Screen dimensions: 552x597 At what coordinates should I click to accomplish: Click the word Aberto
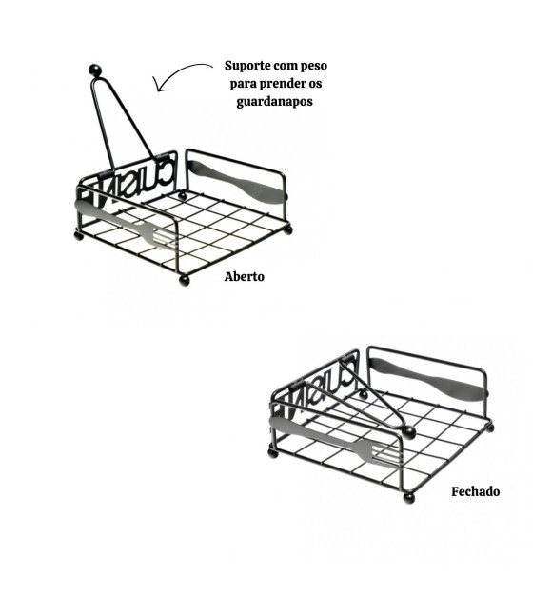244,276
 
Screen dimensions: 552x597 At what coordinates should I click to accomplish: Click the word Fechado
476,491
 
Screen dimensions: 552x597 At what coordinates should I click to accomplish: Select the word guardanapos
274,102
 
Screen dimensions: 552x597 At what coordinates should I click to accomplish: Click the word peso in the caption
314,67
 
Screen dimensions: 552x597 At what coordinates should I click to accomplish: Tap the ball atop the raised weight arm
95,70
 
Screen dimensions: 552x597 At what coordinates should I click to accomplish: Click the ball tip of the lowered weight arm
408,432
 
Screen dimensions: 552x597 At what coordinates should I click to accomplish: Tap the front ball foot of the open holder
185,280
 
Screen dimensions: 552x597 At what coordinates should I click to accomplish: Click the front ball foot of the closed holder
409,498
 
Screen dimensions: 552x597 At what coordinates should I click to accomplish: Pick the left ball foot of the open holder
79,236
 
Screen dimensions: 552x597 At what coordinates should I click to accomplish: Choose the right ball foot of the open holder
288,230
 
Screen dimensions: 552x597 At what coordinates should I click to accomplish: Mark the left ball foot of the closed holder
272,453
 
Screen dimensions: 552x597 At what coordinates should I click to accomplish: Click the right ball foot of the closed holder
490,428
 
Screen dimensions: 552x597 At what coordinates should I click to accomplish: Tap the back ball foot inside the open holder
183,196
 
